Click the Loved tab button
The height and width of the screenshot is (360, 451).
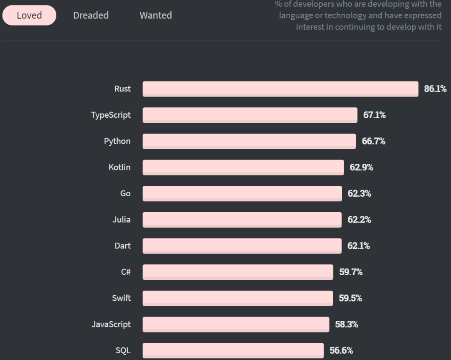[x=29, y=15]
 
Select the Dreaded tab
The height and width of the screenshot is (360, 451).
[x=91, y=15]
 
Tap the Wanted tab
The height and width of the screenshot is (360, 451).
[x=156, y=15]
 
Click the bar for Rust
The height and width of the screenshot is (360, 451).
[x=280, y=89]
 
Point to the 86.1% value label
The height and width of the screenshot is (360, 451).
[x=435, y=89]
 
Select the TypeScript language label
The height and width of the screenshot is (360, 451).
[x=111, y=115]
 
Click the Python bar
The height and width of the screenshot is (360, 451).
[x=249, y=141]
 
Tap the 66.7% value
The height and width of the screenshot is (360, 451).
[x=373, y=141]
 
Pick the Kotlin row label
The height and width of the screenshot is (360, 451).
[x=119, y=167]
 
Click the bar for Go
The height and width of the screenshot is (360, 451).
[x=242, y=193]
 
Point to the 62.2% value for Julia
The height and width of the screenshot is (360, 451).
[x=359, y=220]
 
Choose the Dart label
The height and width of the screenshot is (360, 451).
[x=122, y=246]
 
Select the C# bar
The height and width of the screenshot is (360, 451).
[x=238, y=272]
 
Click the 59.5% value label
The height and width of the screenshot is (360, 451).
[x=350, y=298]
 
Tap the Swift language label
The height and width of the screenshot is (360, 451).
[x=121, y=298]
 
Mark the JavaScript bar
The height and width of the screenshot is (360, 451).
[x=236, y=324]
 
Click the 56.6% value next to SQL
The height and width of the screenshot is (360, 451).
[x=341, y=350]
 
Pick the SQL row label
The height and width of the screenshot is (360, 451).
[x=123, y=350]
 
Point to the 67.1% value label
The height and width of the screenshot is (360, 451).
[x=374, y=115]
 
